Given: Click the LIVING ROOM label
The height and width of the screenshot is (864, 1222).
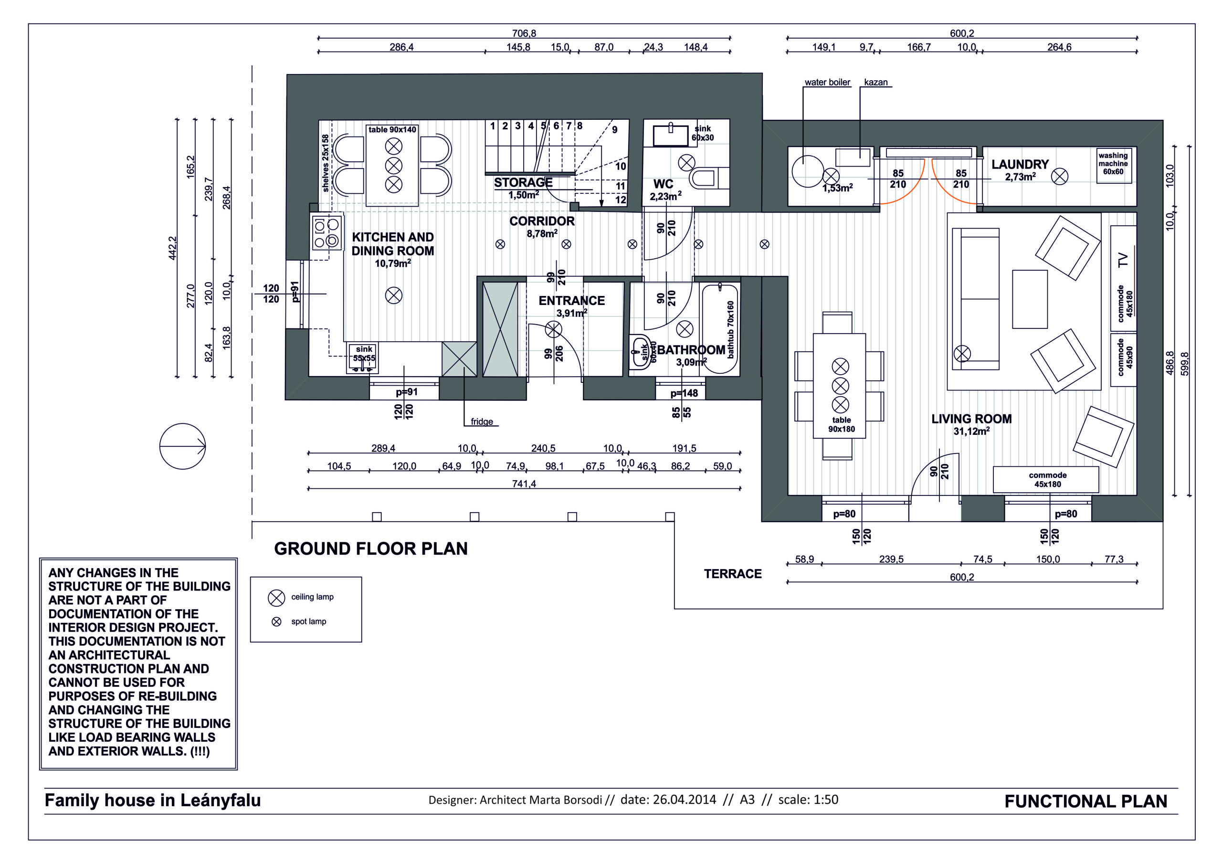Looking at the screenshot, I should click(x=971, y=419).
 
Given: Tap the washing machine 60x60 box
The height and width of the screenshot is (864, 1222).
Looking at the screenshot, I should click(x=1113, y=165).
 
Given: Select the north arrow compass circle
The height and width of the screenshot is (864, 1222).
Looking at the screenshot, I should click(x=182, y=446).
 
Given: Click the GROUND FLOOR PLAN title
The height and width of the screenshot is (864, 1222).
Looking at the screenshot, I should click(x=370, y=549).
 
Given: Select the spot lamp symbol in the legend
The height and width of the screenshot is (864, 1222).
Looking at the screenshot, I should click(x=276, y=622).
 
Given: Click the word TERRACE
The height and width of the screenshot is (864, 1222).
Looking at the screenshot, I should click(x=732, y=574).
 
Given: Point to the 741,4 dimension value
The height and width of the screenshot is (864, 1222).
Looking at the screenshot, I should click(x=524, y=484).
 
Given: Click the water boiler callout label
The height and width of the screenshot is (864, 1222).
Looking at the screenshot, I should click(x=827, y=83).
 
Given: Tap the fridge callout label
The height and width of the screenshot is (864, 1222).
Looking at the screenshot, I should click(x=482, y=421).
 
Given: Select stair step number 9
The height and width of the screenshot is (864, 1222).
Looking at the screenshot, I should click(x=615, y=129).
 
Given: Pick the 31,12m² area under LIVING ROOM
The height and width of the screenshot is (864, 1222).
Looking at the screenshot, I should click(x=971, y=431).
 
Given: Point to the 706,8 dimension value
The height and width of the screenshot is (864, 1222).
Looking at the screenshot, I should click(x=524, y=33).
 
